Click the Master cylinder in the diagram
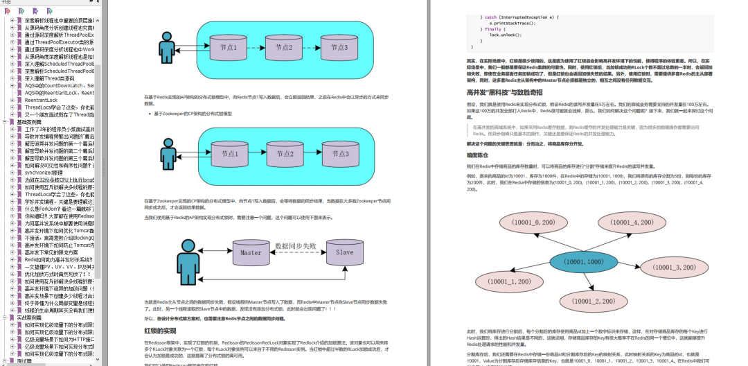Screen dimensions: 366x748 (x=251, y=254)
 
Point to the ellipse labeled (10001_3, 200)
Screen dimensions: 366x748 (x=674, y=267)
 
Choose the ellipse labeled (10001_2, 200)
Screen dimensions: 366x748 (x=589, y=302)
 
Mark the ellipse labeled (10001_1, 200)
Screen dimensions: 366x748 (x=508, y=282)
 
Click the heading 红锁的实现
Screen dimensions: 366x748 (x=160, y=331)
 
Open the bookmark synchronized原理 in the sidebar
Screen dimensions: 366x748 (x=48, y=173)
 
